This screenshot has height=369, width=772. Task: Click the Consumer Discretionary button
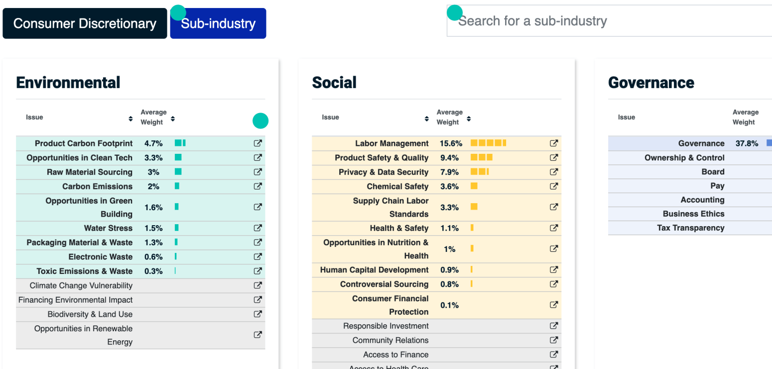84,24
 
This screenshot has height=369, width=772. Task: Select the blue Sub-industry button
218,24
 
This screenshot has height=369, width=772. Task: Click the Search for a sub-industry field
603,21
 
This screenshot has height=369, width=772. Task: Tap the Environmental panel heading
68,82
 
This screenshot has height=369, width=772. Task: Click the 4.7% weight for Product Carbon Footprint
153,143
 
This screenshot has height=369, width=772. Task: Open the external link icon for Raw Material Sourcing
258,172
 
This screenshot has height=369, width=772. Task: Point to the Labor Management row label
392,143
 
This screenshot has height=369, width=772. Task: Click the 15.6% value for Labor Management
451,143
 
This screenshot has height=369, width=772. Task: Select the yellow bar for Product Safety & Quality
481,157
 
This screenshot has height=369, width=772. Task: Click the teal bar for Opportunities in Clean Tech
178,157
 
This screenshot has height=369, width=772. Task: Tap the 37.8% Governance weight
746,143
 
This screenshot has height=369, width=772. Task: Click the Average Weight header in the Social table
449,117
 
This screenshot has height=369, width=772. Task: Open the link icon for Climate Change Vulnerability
258,286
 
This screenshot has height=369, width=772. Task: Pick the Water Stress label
108,228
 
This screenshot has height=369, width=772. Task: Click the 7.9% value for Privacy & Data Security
449,172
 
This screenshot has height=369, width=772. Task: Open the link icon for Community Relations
554,340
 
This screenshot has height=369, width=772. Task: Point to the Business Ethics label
693,214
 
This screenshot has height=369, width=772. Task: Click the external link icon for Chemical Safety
554,186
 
